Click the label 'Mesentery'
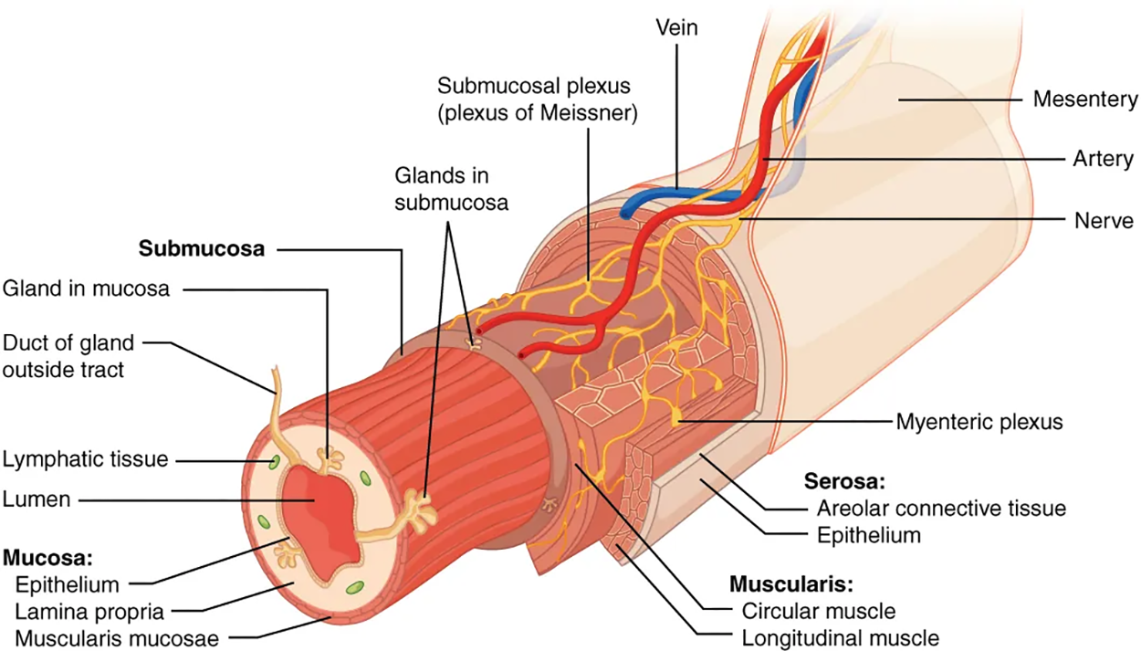1084,100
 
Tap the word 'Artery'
1103,160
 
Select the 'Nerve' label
1104,220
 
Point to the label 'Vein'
676,27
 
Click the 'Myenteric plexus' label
979,422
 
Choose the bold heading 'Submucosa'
202,248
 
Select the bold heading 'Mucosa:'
43,556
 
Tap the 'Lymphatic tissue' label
85,459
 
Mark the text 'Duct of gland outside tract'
68,357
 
